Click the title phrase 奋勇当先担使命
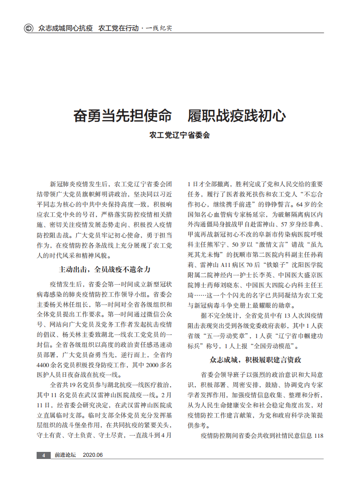point(122,116)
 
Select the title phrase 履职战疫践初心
point(236,116)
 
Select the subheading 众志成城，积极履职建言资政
point(255,360)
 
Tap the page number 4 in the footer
point(43,455)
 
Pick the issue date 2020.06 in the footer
point(93,455)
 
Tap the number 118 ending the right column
point(318,436)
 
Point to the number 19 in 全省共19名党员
point(73,385)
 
